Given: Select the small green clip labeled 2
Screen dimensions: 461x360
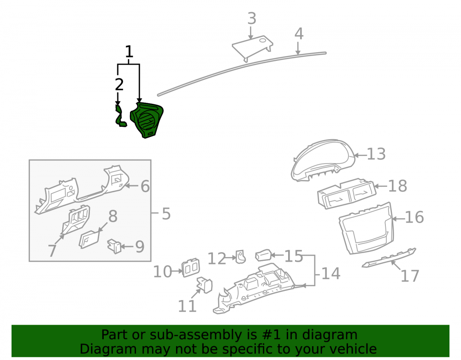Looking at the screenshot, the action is pyautogui.click(x=120, y=117).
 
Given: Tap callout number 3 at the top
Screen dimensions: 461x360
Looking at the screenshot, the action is pyautogui.click(x=252, y=18).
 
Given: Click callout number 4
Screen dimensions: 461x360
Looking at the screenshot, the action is pyautogui.click(x=299, y=34).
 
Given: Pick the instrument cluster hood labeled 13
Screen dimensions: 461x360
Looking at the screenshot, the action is pyautogui.click(x=323, y=159).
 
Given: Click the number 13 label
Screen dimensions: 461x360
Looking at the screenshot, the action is pyautogui.click(x=376, y=154).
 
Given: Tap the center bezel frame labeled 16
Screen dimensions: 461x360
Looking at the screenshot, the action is pyautogui.click(x=366, y=228).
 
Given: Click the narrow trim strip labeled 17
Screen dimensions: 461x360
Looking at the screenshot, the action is pyautogui.click(x=389, y=258).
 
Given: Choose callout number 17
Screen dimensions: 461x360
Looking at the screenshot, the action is pyautogui.click(x=410, y=276).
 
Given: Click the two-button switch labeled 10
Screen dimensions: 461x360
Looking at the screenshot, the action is pyautogui.click(x=191, y=268).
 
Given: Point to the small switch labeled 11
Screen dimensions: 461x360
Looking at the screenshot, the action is pyautogui.click(x=205, y=285).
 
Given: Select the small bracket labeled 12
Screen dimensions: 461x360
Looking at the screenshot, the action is pyautogui.click(x=241, y=257).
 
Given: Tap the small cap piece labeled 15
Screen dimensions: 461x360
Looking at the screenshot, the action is pyautogui.click(x=263, y=255).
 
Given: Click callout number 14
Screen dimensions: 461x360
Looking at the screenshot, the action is pyautogui.click(x=331, y=274).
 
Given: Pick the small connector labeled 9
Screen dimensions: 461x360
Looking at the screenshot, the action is pyautogui.click(x=114, y=246).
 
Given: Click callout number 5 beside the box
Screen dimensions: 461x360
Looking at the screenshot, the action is pyautogui.click(x=166, y=213).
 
